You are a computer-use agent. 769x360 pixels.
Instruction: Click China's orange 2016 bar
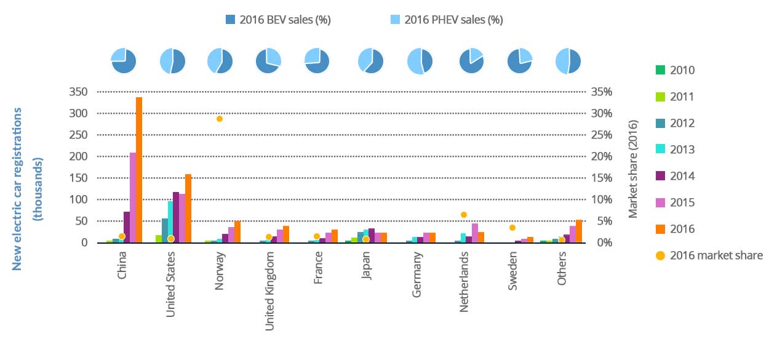click(x=139, y=170)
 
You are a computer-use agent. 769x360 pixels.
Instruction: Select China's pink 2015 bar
click(x=132, y=198)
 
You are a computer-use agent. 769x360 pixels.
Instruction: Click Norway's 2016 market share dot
click(x=219, y=119)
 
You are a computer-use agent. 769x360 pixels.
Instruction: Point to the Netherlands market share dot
click(x=464, y=215)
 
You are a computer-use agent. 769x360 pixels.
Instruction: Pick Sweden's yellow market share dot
click(x=512, y=228)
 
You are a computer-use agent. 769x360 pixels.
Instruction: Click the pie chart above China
click(x=123, y=61)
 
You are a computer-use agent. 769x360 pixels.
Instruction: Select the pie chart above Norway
click(x=220, y=61)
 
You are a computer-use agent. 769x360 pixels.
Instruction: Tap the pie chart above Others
click(x=568, y=61)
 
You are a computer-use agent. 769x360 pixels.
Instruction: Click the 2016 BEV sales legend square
click(x=231, y=20)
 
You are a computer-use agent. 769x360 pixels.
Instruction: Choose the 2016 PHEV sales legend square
click(x=396, y=20)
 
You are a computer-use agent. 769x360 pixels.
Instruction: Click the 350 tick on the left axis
click(x=81, y=92)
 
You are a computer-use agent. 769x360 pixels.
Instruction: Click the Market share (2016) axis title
click(x=633, y=167)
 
